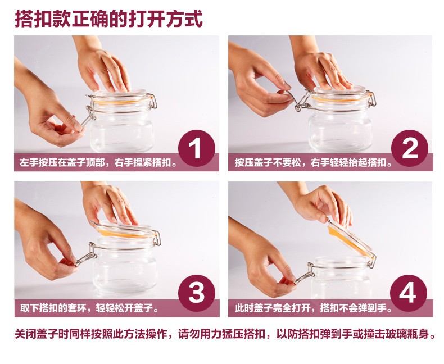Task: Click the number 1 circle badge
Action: click(x=197, y=148)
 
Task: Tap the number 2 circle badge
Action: click(x=410, y=148)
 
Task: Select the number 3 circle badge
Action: click(x=197, y=293)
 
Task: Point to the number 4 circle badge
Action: click(x=409, y=293)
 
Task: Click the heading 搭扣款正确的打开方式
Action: click(x=108, y=19)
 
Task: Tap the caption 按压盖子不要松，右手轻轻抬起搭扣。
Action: click(x=314, y=163)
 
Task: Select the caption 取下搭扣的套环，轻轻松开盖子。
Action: click(x=90, y=308)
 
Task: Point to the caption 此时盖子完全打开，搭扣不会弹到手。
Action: click(x=314, y=308)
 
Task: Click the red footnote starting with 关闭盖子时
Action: click(x=225, y=334)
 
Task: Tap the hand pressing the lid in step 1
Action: click(x=103, y=69)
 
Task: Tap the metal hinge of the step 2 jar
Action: click(x=371, y=98)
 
